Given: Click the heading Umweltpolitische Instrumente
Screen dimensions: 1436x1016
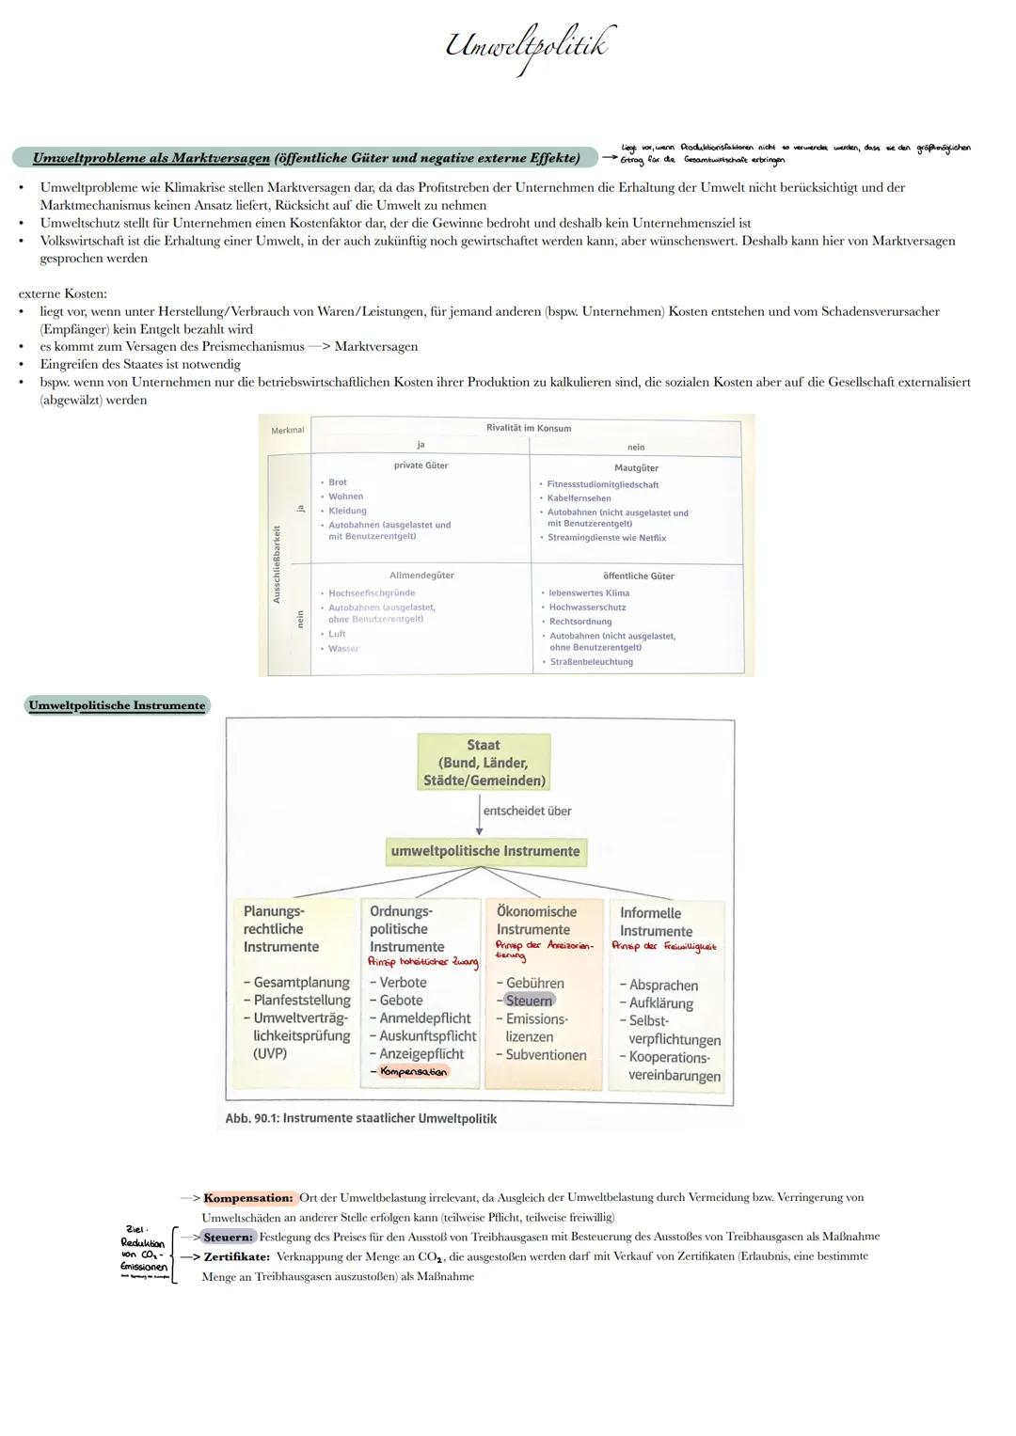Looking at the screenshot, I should [x=117, y=705].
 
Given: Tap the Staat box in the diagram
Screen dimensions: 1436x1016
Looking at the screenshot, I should [x=484, y=763].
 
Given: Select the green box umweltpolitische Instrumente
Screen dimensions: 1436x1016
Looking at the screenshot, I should [x=485, y=851].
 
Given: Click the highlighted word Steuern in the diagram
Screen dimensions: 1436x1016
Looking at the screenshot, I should [x=530, y=1001].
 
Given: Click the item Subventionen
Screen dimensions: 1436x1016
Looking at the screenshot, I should [x=546, y=1055].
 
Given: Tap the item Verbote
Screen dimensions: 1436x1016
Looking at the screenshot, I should [x=403, y=983].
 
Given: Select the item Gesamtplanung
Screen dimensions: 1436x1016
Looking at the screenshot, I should [x=301, y=983].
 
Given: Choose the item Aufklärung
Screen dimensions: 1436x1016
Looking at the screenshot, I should [x=660, y=1003].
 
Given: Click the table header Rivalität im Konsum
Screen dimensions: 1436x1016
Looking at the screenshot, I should [x=528, y=428].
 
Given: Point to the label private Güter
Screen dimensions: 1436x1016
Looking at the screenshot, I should [x=421, y=466].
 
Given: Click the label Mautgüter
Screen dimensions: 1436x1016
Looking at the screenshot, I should [x=636, y=467].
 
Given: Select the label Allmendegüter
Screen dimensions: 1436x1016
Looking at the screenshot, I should [x=421, y=576].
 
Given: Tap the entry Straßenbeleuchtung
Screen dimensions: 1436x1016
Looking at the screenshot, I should [x=591, y=662].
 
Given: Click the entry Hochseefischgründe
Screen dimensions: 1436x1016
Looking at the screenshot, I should [x=371, y=593].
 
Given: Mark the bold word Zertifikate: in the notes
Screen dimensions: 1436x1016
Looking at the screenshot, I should [x=237, y=1256].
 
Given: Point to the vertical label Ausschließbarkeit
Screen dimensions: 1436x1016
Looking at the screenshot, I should [x=277, y=564].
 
